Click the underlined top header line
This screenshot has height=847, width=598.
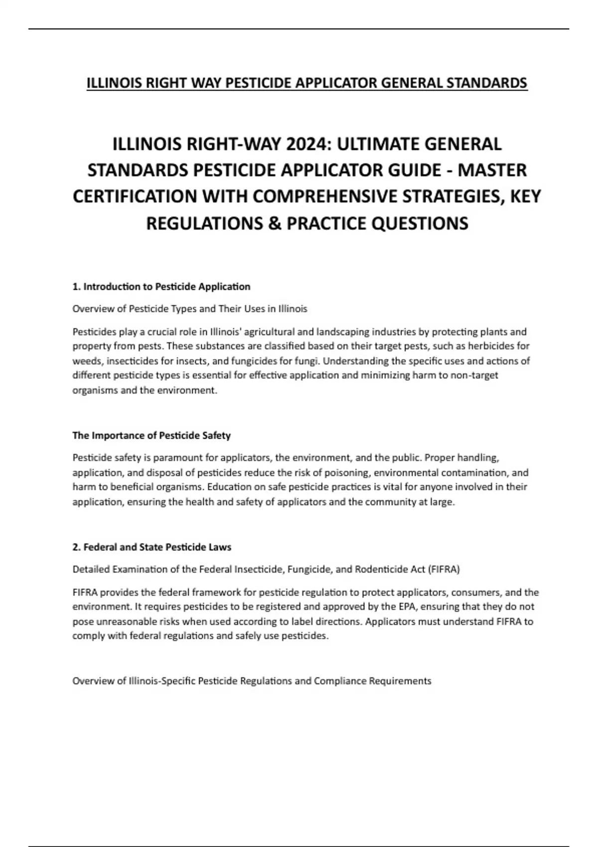[x=306, y=83]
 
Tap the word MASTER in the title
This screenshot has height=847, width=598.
[x=492, y=170]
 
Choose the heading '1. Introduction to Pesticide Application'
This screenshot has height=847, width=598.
[x=161, y=286]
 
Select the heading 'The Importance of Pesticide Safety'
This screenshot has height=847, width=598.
[x=151, y=435]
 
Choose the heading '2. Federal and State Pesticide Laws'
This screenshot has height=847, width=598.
[x=152, y=547]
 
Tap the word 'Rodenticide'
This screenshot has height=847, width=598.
[x=382, y=569]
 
